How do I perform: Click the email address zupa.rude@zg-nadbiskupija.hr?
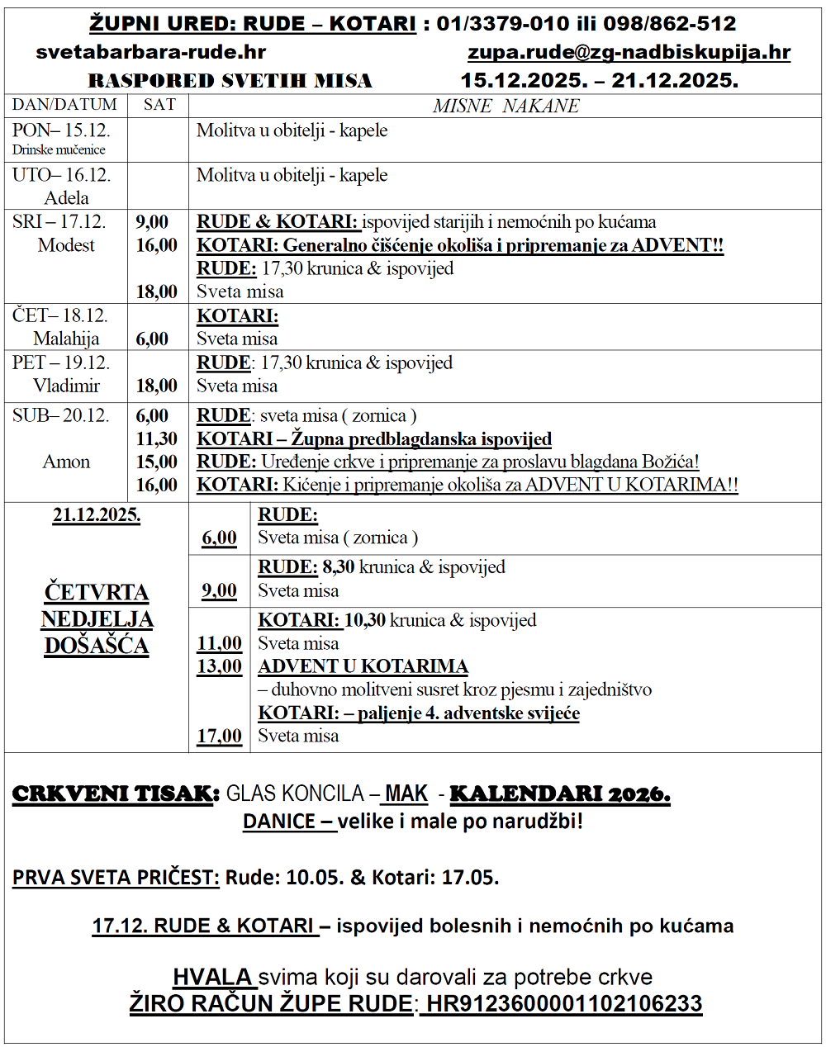tap(629, 52)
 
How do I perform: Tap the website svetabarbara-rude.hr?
tap(150, 52)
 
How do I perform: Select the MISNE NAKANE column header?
tap(506, 106)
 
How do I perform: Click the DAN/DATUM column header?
tap(64, 105)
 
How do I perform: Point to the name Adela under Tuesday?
tap(66, 198)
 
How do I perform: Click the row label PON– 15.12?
tap(61, 130)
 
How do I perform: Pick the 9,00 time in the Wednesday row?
tap(152, 222)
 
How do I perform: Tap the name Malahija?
tap(66, 339)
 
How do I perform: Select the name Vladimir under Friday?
tap(66, 386)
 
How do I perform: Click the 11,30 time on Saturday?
tap(157, 438)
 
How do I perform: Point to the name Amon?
tap(66, 462)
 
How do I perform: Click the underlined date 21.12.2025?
tap(97, 515)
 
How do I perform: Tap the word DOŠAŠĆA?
tap(97, 645)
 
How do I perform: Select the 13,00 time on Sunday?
tap(219, 666)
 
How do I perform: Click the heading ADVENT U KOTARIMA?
tap(363, 666)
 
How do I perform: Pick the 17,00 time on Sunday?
tap(219, 736)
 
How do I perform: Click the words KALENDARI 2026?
tap(559, 794)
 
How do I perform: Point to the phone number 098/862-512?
tap(657, 24)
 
